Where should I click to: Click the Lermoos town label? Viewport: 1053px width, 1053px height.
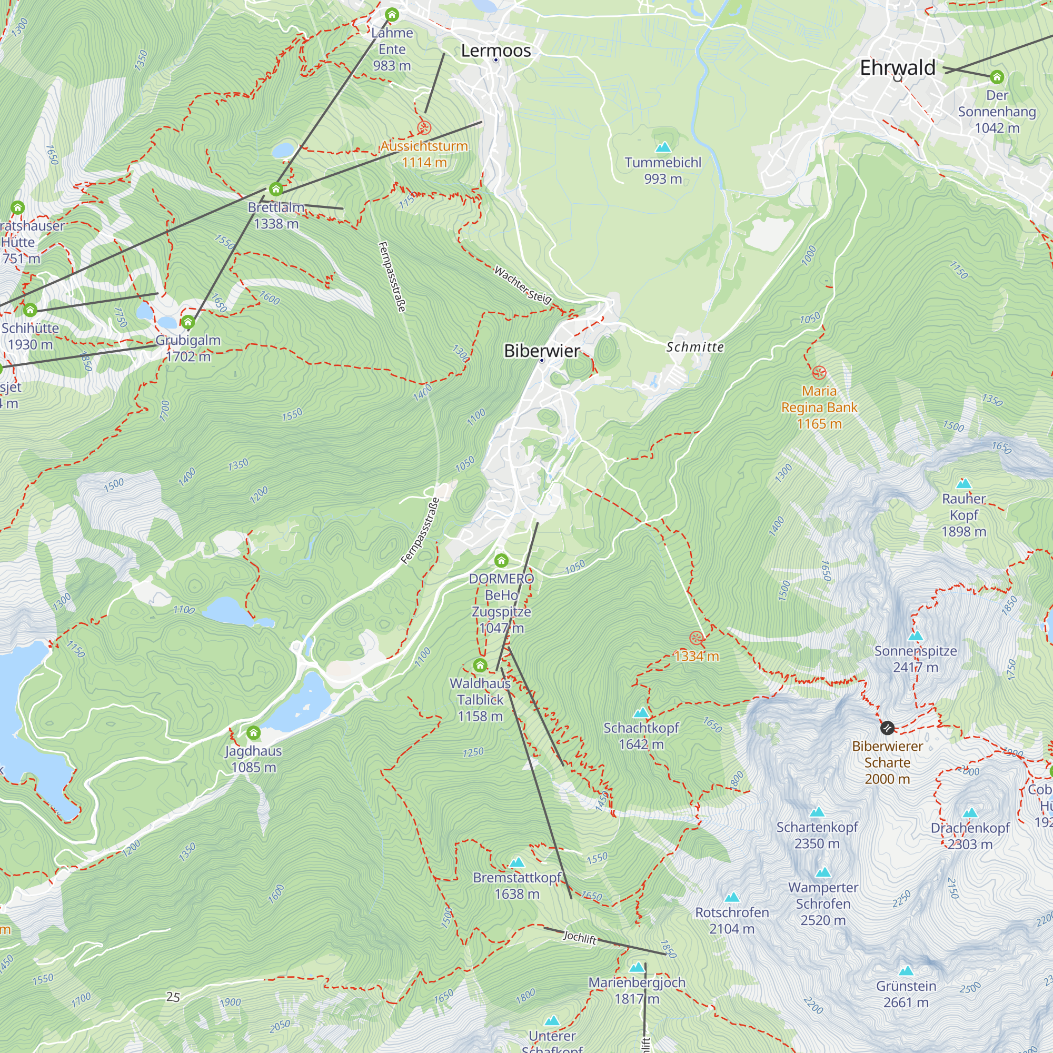point(495,51)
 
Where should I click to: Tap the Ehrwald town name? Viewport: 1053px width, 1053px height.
point(897,67)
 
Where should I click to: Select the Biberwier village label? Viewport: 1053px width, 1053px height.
point(541,351)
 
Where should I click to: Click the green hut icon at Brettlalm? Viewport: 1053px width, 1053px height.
point(276,189)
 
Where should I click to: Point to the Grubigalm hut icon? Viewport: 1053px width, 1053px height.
point(188,322)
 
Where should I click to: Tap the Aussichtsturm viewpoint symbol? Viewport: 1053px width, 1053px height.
point(424,128)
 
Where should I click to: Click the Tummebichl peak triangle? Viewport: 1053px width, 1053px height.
point(663,147)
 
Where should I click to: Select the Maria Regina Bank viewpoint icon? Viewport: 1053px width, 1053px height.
point(819,373)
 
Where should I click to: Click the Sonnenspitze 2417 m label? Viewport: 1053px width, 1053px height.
point(915,659)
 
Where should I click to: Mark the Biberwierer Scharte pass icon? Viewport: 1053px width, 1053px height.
point(887,728)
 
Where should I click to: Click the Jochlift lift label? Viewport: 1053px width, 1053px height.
point(579,938)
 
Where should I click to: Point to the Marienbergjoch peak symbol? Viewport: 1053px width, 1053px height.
point(637,967)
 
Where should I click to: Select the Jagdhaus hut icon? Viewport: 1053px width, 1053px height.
point(253,732)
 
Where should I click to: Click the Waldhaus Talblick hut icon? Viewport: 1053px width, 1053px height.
point(480,665)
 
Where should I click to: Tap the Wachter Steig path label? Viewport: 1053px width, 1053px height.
point(523,284)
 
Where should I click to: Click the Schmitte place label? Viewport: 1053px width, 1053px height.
point(695,347)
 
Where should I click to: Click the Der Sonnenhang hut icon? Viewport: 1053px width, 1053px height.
point(997,77)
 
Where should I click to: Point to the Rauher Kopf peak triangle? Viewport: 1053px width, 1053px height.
point(963,483)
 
